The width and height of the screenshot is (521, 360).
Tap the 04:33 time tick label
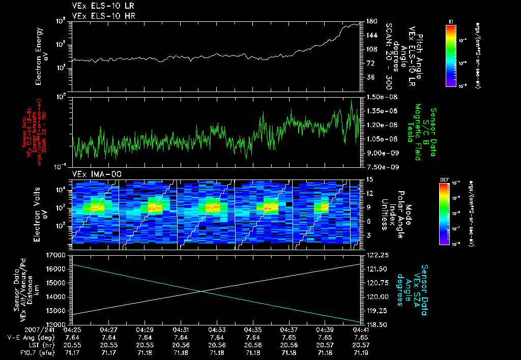point(217,329)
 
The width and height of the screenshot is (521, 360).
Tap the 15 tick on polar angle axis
point(370,179)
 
